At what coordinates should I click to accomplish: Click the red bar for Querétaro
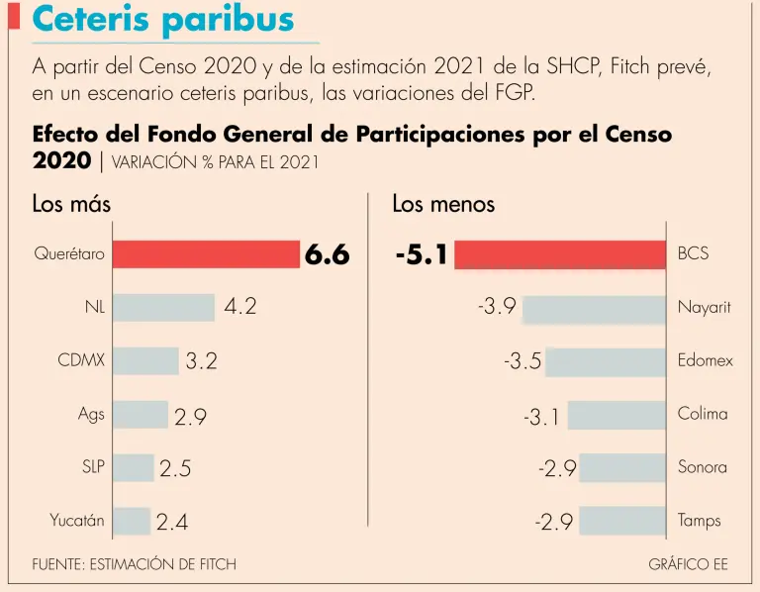click(205, 254)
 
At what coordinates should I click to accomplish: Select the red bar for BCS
click(560, 254)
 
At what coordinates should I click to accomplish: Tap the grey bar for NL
click(163, 308)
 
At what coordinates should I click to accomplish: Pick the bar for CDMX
click(145, 361)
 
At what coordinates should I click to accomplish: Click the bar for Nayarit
click(594, 308)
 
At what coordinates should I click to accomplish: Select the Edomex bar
click(606, 361)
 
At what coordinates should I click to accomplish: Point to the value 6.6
click(328, 254)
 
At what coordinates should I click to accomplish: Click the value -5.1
click(422, 255)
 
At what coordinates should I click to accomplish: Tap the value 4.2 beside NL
click(240, 308)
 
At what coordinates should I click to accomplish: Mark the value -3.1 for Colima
click(541, 418)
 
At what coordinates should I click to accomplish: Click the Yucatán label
click(77, 520)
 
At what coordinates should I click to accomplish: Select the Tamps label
click(700, 521)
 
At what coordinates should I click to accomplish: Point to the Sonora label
click(703, 467)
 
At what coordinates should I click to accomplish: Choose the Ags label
click(91, 414)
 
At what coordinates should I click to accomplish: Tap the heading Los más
click(71, 205)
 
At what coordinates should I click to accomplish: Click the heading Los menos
click(443, 205)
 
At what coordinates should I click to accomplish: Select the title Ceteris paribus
click(164, 20)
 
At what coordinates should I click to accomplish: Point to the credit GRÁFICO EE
click(688, 564)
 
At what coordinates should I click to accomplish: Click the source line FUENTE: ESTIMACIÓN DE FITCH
click(135, 564)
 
